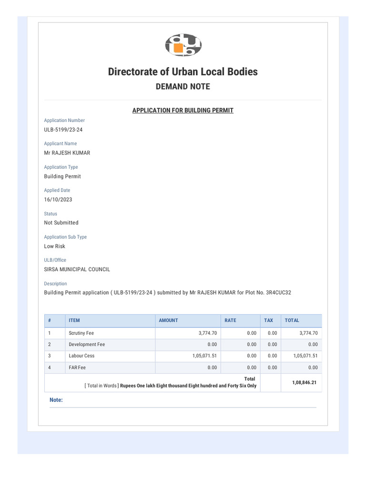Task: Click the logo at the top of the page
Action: (x=183, y=45)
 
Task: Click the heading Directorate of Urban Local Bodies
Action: (x=183, y=72)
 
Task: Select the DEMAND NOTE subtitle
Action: (x=183, y=87)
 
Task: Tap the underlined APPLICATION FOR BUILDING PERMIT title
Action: (x=183, y=111)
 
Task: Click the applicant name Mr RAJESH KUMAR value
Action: (x=67, y=153)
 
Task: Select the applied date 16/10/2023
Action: (x=58, y=200)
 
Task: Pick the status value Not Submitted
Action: (x=61, y=223)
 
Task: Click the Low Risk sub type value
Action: (x=55, y=246)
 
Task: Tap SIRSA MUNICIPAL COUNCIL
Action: (x=77, y=269)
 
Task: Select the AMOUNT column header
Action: (x=168, y=321)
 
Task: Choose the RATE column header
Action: (x=230, y=321)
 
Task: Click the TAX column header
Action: (x=269, y=321)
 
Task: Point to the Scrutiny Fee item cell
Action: (x=81, y=333)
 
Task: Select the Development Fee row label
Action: (x=87, y=345)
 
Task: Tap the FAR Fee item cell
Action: (x=77, y=368)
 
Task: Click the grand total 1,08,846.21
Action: (x=301, y=382)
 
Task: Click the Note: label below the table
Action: (x=56, y=400)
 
